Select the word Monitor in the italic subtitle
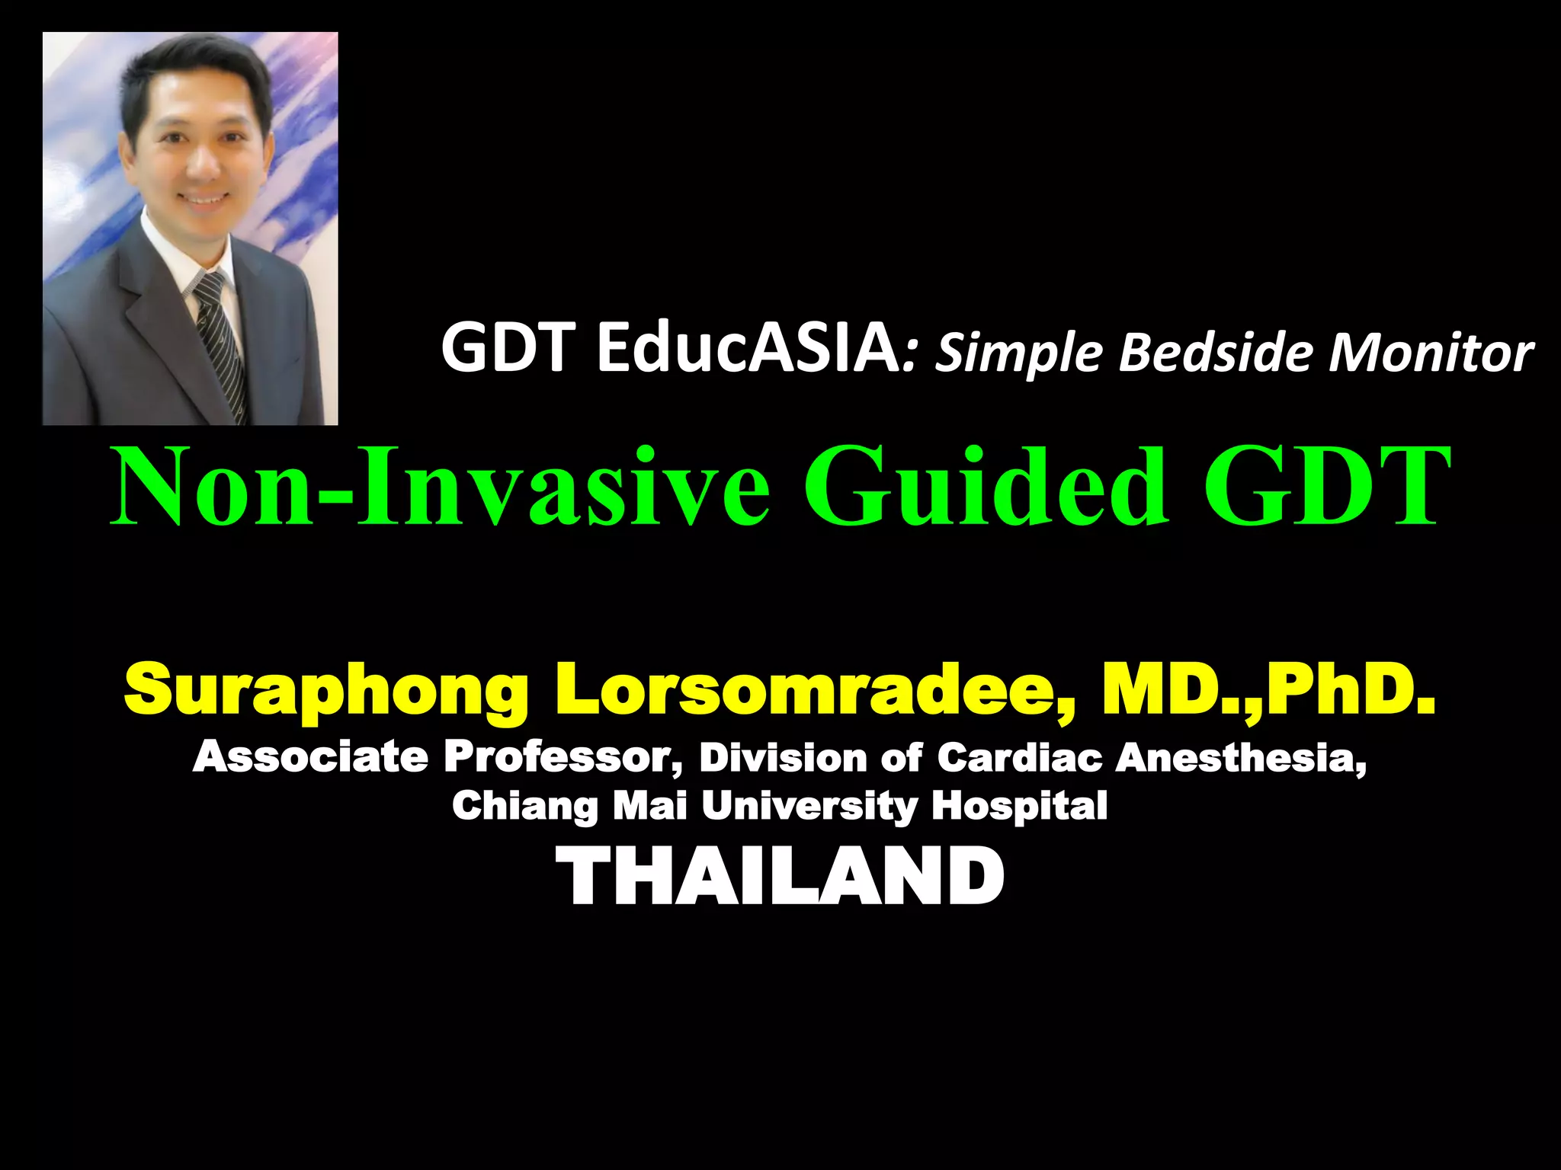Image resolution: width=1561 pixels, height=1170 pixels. coord(1431,353)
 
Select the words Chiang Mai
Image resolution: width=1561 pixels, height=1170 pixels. coord(570,806)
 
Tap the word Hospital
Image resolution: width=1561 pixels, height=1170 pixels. coord(1019,806)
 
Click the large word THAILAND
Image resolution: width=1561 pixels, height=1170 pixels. coord(780,877)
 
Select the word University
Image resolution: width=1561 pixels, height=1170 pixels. coord(809,806)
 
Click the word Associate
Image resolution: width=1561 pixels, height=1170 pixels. coord(310,757)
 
